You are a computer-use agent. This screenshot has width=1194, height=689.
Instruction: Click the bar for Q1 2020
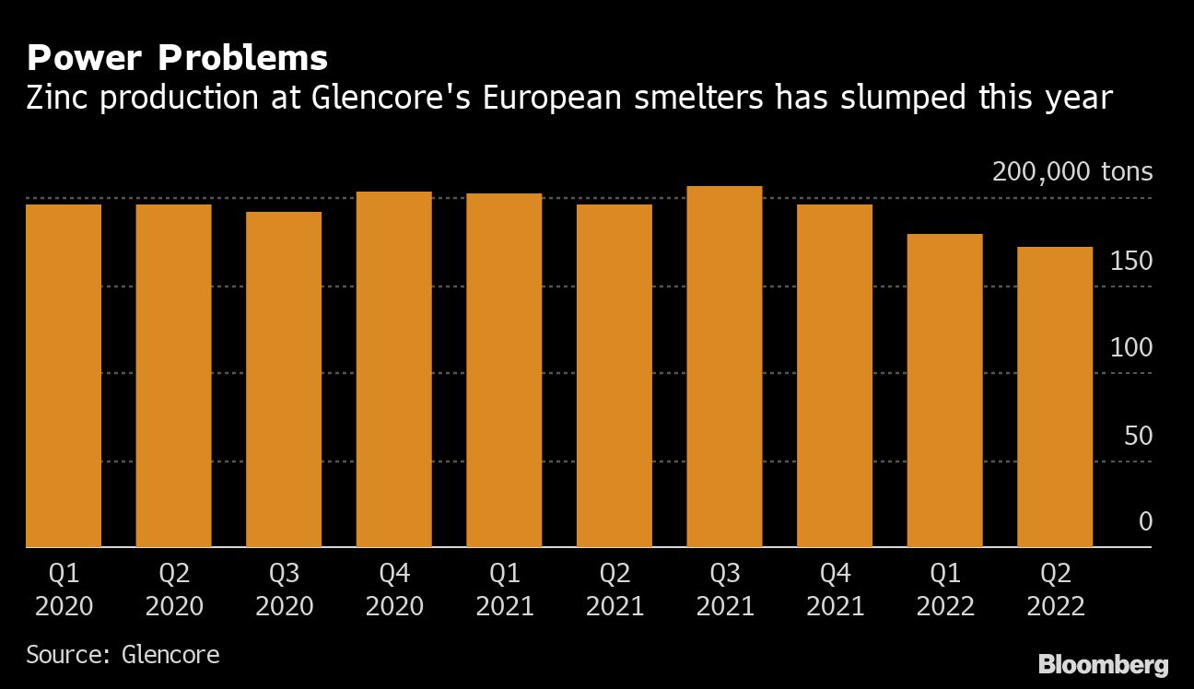pyautogui.click(x=63, y=376)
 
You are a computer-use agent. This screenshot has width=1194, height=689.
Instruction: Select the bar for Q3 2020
pyautogui.click(x=284, y=380)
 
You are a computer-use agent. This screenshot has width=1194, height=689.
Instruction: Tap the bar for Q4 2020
pyautogui.click(x=393, y=369)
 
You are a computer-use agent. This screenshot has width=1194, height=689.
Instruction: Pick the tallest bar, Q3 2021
pyautogui.click(x=724, y=367)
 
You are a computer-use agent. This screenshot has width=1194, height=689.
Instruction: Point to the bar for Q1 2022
pyautogui.click(x=944, y=391)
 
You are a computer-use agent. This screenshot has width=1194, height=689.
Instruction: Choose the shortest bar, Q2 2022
pyautogui.click(x=1055, y=397)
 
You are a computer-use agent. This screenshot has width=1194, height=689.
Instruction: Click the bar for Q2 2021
pyautogui.click(x=614, y=376)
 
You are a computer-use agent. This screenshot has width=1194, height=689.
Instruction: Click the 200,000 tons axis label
pyautogui.click(x=1071, y=172)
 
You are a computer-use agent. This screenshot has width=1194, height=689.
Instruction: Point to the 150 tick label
pyautogui.click(x=1131, y=262)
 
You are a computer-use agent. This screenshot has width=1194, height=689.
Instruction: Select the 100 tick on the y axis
pyautogui.click(x=1131, y=348)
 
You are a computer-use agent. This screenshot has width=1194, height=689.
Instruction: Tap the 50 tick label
pyautogui.click(x=1138, y=436)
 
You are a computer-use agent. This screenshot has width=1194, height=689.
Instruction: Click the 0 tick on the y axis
pyautogui.click(x=1145, y=522)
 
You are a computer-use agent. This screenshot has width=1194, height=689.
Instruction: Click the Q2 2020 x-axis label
pyautogui.click(x=173, y=590)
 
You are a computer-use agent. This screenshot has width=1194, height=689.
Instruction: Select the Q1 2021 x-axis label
pyautogui.click(x=504, y=590)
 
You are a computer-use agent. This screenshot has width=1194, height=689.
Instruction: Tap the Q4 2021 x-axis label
pyautogui.click(x=835, y=590)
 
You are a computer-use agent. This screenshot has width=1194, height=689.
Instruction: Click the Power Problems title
pyautogui.click(x=177, y=59)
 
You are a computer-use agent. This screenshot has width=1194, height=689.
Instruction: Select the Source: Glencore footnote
pyautogui.click(x=123, y=655)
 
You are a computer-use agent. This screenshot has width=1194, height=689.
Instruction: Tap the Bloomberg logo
pyautogui.click(x=1103, y=664)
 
